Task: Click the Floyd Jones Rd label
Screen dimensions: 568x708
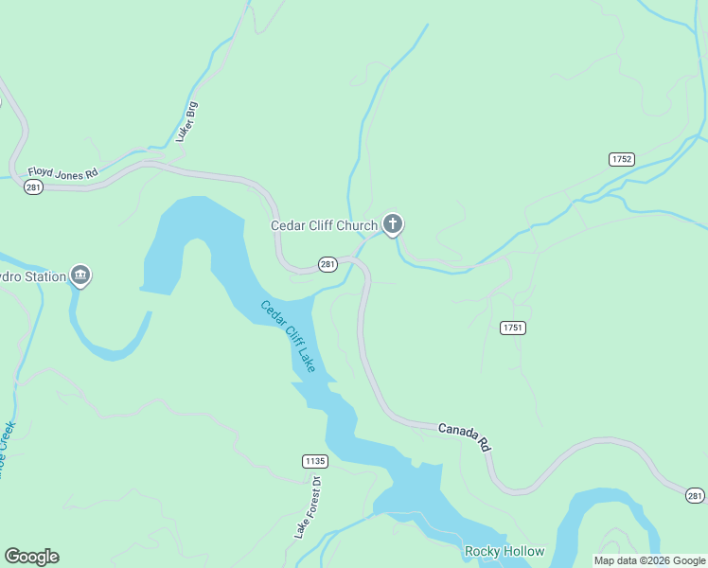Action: click(63, 173)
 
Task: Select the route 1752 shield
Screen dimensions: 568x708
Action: click(622, 159)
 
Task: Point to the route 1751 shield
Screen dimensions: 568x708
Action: click(513, 328)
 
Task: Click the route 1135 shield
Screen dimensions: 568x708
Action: click(315, 461)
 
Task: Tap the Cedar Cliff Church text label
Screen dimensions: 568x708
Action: click(324, 225)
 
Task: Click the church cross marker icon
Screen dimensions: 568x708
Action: click(393, 224)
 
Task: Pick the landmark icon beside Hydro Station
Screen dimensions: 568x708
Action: click(80, 275)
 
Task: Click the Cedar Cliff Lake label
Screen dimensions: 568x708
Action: click(289, 335)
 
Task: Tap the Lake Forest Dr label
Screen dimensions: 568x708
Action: click(309, 506)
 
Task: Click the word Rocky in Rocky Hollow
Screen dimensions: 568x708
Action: click(480, 551)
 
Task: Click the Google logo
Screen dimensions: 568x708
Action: click(31, 557)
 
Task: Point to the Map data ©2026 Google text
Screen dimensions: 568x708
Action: click(649, 560)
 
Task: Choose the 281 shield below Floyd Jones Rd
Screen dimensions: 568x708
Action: click(33, 188)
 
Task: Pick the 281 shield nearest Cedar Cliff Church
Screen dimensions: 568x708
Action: click(327, 263)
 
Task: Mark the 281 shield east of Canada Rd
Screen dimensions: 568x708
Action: click(696, 495)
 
